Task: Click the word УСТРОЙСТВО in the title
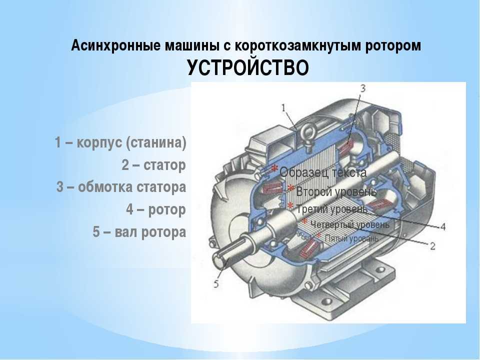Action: pos(248,67)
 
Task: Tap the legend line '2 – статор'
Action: pos(153,165)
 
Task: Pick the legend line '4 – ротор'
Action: pos(156,209)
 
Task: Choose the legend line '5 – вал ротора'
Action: pos(139,231)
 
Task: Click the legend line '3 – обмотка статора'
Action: pos(121,187)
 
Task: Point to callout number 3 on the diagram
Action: pos(363,88)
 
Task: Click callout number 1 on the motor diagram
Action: pos(284,107)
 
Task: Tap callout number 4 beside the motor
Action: pos(442,227)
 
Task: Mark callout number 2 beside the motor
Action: pos(432,246)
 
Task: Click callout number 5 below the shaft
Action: pos(216,284)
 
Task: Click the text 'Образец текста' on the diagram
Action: pos(323,172)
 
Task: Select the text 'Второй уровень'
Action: pos(336,192)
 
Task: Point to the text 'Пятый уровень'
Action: pos(351,238)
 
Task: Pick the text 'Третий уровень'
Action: pos(332,209)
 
